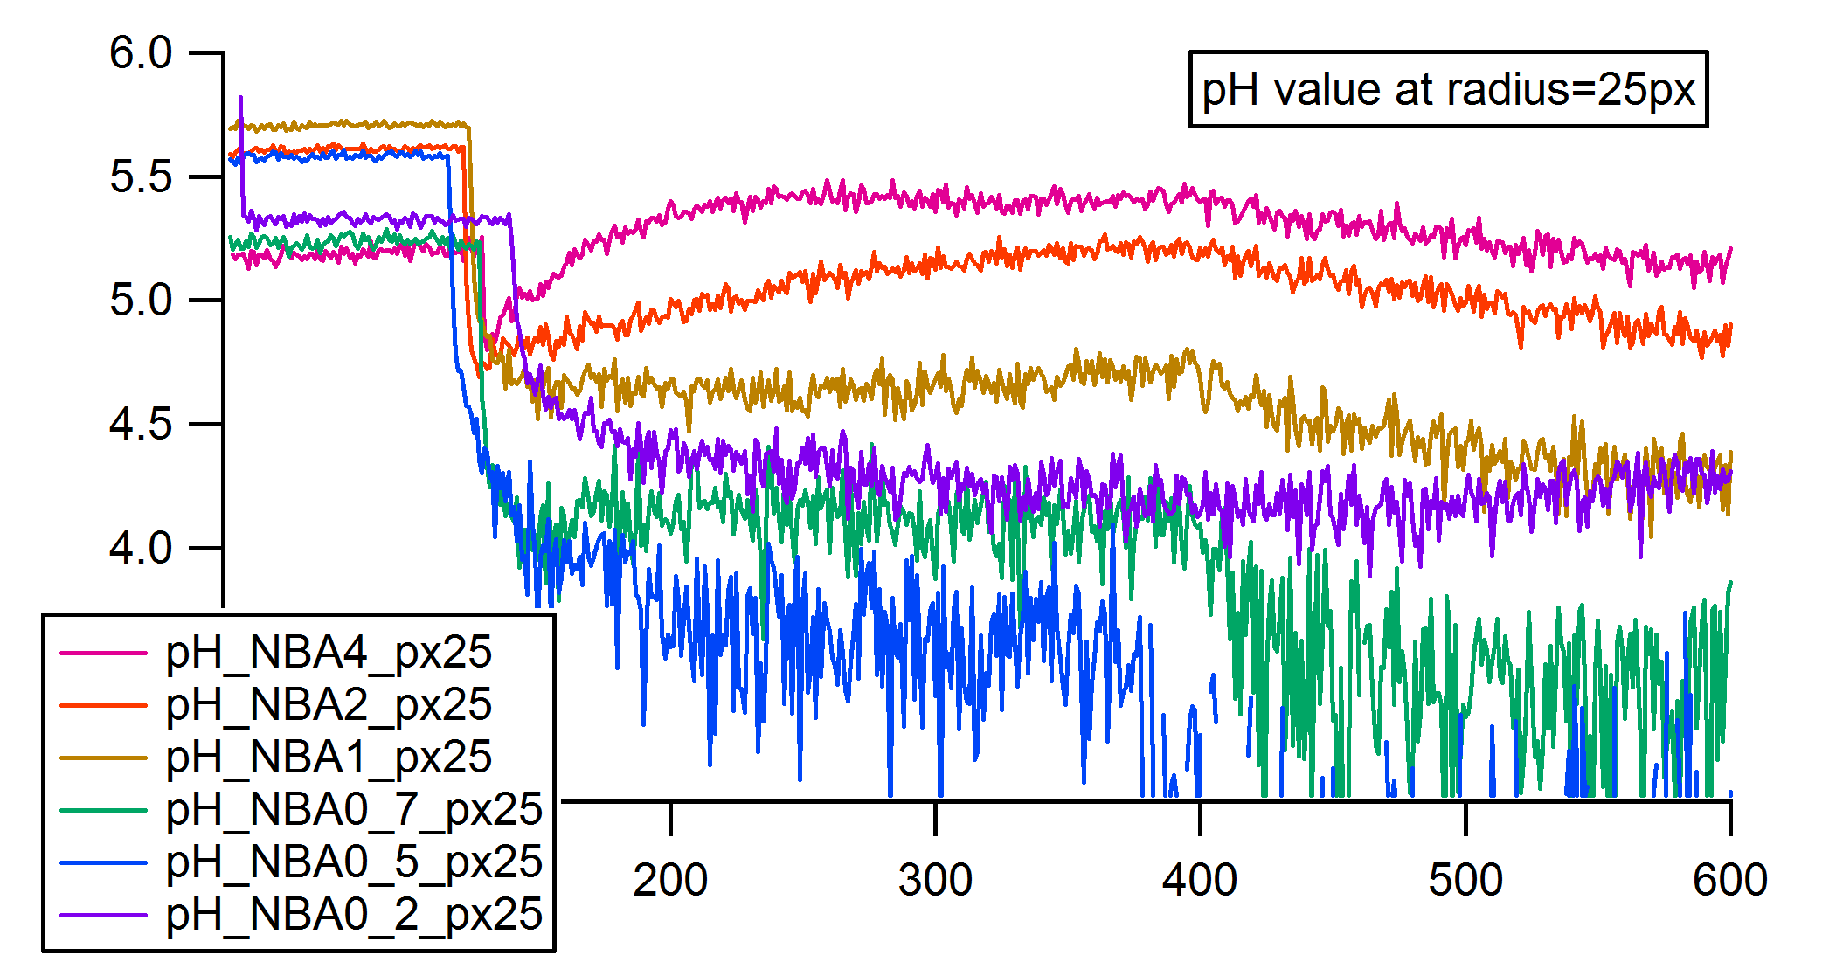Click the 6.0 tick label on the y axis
[x=141, y=53]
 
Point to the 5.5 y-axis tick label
[x=141, y=177]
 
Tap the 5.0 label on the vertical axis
[x=141, y=301]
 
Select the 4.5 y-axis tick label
[x=141, y=425]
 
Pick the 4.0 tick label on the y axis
[x=141, y=549]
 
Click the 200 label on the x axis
[x=670, y=880]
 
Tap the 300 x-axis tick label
[x=935, y=880]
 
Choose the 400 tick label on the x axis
[x=1200, y=880]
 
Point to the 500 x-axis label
[x=1465, y=880]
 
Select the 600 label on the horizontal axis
[x=1730, y=880]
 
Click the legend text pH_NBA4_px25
[x=329, y=653]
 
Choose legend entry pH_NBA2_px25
[x=329, y=705]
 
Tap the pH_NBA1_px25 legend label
[x=329, y=758]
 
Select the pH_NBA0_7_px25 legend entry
[x=354, y=810]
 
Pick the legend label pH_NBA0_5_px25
[x=354, y=862]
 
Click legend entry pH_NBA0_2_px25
[x=354, y=915]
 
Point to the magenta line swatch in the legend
[x=103, y=653]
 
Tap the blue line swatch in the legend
[x=103, y=862]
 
